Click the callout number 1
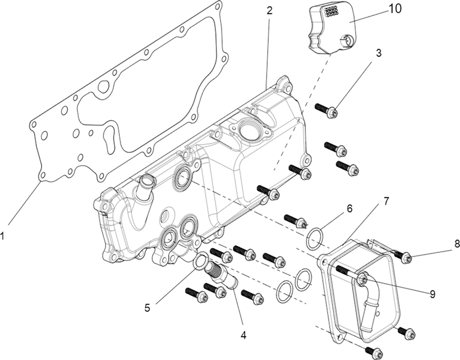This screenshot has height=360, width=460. (x=3, y=235)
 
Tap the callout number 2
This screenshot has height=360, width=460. (x=270, y=10)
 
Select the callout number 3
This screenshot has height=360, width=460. (x=379, y=53)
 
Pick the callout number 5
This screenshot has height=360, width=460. (x=147, y=308)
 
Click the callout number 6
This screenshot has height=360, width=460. (x=349, y=209)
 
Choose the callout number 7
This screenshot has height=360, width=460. (x=386, y=201)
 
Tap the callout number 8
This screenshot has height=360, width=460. (x=457, y=244)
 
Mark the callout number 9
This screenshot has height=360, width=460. (x=433, y=294)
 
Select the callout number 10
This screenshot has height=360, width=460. (x=395, y=9)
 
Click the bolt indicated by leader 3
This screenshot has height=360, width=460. (x=327, y=109)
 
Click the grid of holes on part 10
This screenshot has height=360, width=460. (x=331, y=11)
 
